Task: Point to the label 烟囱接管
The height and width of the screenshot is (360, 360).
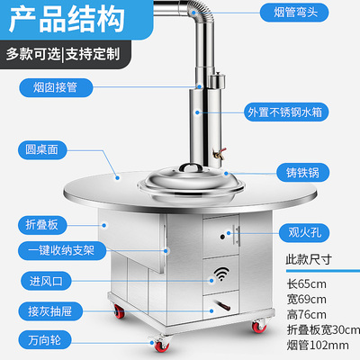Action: (47, 87)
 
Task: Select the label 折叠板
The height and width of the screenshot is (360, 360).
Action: (41, 222)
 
